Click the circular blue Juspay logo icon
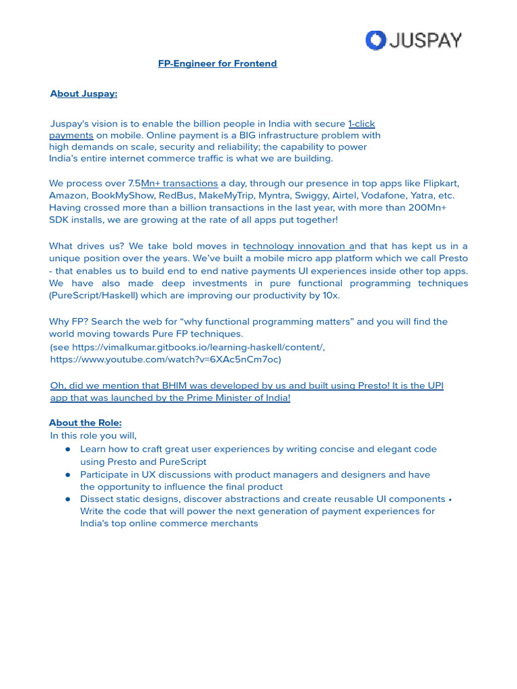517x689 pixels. click(375, 40)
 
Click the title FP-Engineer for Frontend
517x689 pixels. click(217, 64)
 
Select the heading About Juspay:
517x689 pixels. click(83, 94)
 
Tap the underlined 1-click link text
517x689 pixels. click(361, 124)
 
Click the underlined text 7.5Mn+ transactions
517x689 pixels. click(180, 183)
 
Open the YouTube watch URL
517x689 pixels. click(166, 359)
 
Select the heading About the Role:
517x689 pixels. click(85, 423)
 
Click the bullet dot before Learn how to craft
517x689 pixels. click(68, 449)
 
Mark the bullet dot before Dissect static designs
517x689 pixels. click(68, 499)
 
